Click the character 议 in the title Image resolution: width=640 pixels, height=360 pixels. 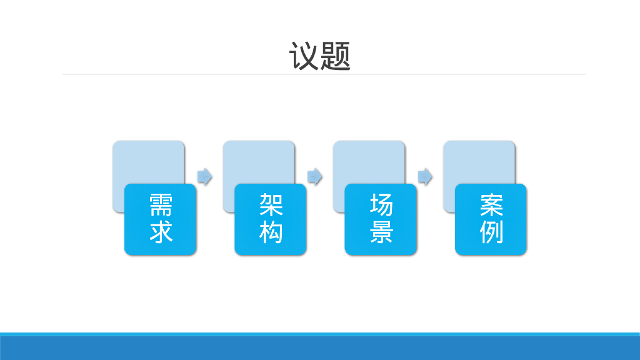[x=304, y=56]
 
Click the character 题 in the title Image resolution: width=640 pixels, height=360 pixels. [x=336, y=56]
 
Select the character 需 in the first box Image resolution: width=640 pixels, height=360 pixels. [x=161, y=204]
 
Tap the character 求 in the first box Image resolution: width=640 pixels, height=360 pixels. [x=161, y=232]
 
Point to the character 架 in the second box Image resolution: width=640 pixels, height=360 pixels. [x=271, y=204]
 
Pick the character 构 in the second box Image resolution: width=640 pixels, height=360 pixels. [x=271, y=232]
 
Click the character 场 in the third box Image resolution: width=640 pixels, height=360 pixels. [x=381, y=204]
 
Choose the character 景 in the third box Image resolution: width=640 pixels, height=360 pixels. [x=381, y=232]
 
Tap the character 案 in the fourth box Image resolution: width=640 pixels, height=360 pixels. [x=491, y=204]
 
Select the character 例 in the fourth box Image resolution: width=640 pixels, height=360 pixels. [x=491, y=232]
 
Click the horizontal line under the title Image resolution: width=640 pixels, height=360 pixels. [x=324, y=74]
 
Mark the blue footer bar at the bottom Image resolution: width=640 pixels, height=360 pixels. [x=320, y=347]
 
